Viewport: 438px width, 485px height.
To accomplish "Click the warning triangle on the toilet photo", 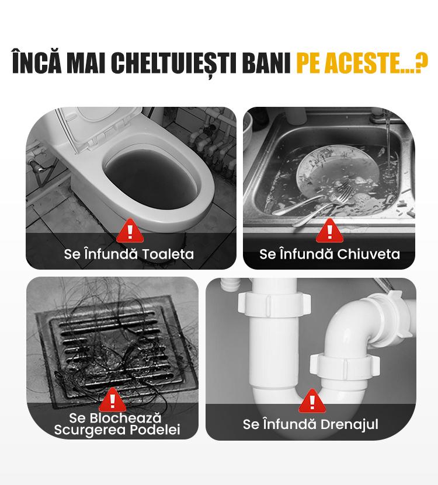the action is pyautogui.click(x=130, y=231).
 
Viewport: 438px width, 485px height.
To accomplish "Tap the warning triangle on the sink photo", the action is pyautogui.click(x=329, y=231).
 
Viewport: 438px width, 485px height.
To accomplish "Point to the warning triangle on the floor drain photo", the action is pyautogui.click(x=112, y=400).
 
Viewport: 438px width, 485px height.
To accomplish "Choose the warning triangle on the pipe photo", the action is pyautogui.click(x=312, y=401).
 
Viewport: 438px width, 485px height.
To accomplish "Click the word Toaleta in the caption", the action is pyautogui.click(x=168, y=254).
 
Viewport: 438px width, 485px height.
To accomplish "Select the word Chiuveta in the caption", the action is pyautogui.click(x=369, y=254).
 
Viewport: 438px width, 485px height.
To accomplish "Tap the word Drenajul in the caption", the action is pyautogui.click(x=349, y=424).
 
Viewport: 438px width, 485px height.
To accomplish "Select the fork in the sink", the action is pyautogui.click(x=322, y=205).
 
